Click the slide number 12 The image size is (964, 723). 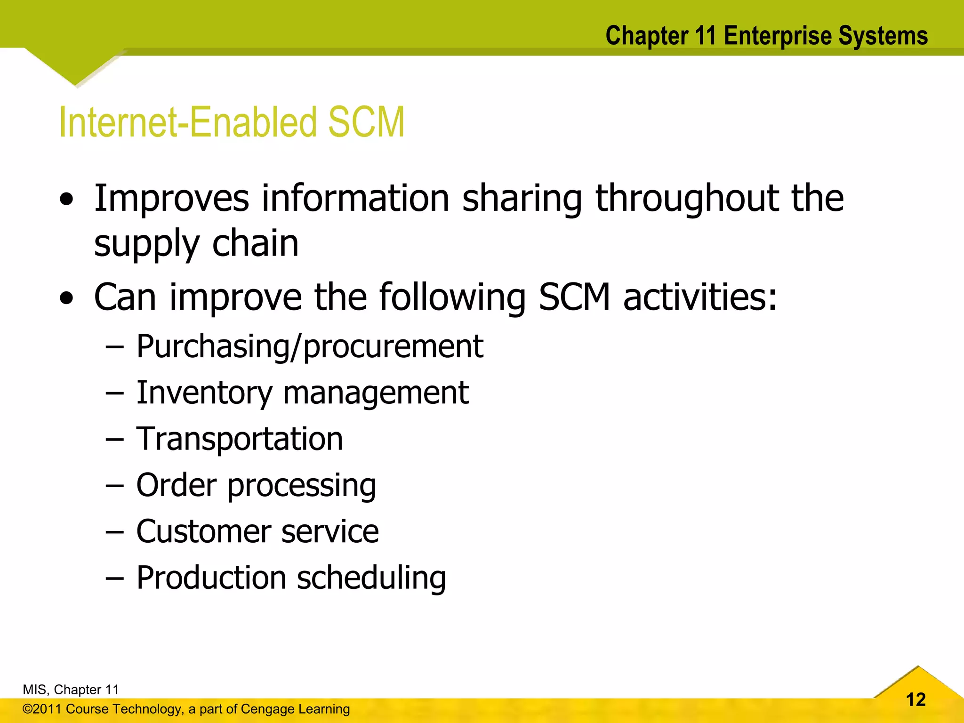(x=916, y=699)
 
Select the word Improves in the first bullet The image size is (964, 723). (x=171, y=199)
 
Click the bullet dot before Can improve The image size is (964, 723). (x=67, y=298)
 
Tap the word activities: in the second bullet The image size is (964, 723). (x=700, y=297)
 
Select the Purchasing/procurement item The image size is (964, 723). (x=310, y=347)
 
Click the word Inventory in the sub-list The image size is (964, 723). (x=204, y=393)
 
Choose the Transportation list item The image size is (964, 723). (x=240, y=439)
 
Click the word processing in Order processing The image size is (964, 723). (x=302, y=486)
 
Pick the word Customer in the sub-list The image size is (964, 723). (x=203, y=532)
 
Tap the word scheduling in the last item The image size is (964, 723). (x=371, y=578)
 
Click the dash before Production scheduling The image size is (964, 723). (x=114, y=578)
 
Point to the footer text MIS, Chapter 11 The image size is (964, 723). (x=71, y=690)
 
